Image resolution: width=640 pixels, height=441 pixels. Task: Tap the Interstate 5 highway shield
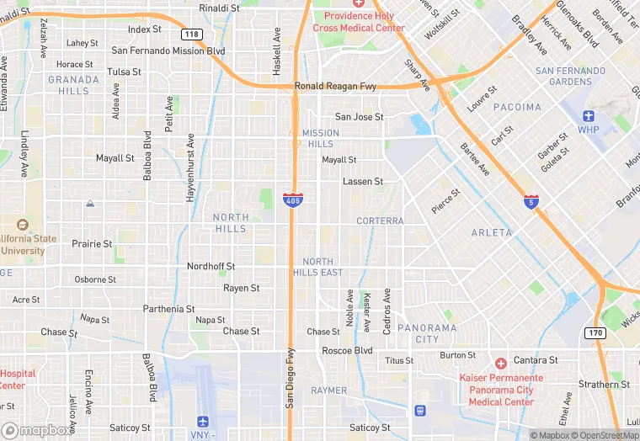[x=531, y=202]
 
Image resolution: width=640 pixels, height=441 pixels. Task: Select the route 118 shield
[x=192, y=34]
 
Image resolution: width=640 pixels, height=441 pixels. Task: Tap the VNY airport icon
[x=202, y=421]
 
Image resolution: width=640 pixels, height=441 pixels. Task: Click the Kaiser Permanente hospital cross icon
[x=500, y=364]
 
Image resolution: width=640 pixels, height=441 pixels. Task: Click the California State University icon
[x=22, y=225]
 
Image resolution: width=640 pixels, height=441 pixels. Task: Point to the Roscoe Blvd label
[x=347, y=350]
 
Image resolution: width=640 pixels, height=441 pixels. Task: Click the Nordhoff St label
[x=211, y=266]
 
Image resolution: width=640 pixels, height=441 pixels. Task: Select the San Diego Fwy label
[x=289, y=379]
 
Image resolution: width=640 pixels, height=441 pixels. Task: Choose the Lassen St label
[x=363, y=181]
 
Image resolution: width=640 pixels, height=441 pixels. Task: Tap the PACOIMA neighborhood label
[x=517, y=107]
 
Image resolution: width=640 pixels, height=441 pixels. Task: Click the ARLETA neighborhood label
[x=492, y=232]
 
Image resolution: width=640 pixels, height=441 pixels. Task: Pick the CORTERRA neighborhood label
[x=380, y=220]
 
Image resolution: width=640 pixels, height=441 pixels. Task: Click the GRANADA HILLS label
[x=73, y=85]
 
